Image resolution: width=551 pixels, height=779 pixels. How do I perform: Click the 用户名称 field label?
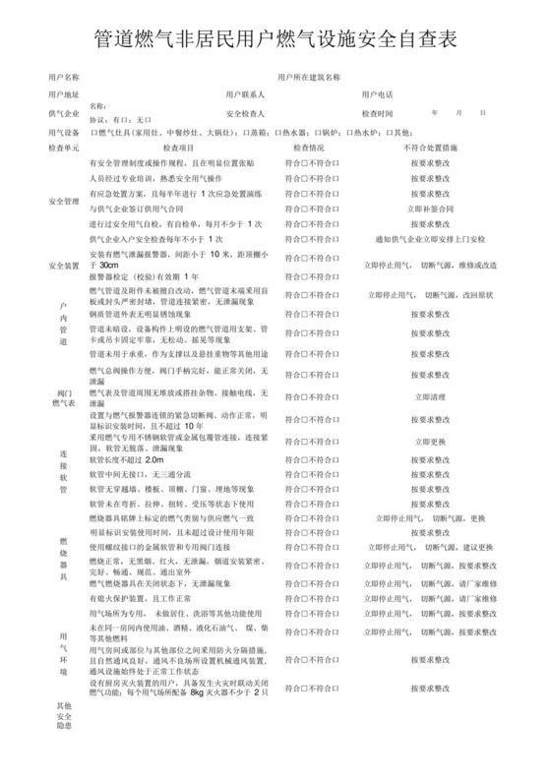(64, 76)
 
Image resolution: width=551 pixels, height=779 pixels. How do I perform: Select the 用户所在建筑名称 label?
(309, 76)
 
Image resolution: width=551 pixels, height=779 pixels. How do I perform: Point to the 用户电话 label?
(377, 94)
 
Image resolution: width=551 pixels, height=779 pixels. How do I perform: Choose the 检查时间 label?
(377, 113)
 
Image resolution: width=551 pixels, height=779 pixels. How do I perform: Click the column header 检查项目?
(177, 147)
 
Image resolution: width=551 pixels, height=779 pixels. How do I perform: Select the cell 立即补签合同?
(430, 209)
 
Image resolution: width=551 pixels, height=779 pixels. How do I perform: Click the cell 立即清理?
(430, 397)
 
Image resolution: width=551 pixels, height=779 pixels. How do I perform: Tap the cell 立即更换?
(430, 442)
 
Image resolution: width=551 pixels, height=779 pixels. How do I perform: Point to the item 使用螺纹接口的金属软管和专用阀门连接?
(171, 547)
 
